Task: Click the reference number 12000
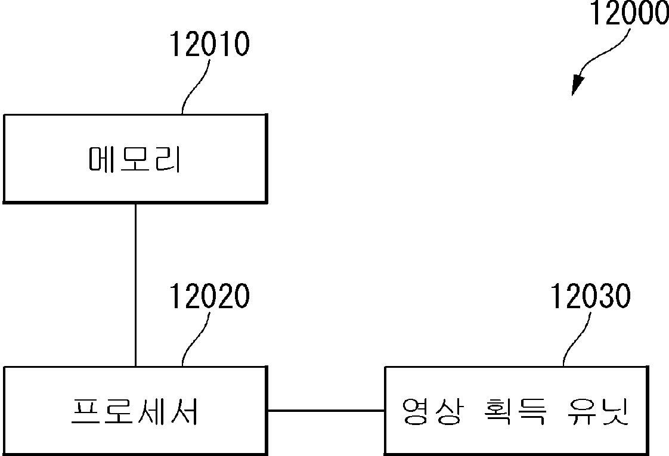pos(629,13)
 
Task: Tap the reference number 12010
pos(209,45)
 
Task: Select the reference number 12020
pos(209,296)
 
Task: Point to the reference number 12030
pos(590,296)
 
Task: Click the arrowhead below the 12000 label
pos(576,86)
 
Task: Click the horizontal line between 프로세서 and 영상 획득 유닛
pos(326,410)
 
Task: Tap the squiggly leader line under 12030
pos(577,339)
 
